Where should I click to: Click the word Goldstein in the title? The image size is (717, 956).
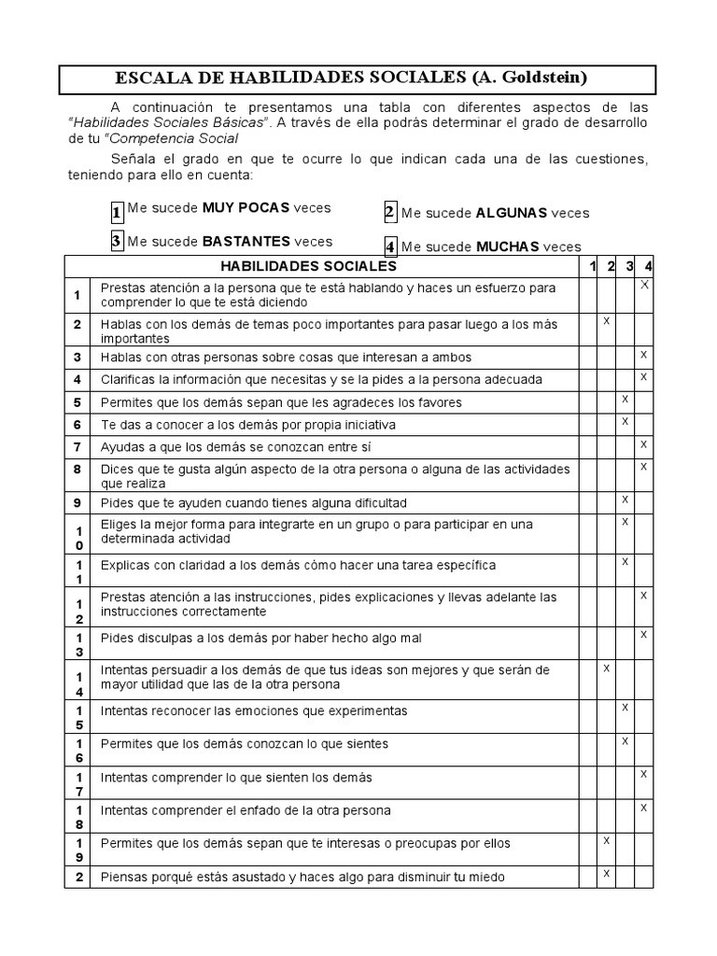[x=530, y=77]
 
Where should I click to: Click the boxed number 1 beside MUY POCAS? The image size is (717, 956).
[x=117, y=212]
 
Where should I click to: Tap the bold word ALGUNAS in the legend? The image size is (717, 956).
[x=512, y=213]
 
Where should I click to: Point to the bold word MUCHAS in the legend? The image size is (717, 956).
[x=508, y=247]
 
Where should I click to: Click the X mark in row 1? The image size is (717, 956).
[x=644, y=284]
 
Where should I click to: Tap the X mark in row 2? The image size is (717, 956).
[x=606, y=320]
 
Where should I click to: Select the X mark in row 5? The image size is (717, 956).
[x=626, y=400]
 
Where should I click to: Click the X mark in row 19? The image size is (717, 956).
[x=606, y=840]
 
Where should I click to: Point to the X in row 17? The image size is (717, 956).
[x=644, y=774]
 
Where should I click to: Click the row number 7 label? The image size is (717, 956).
[x=78, y=446]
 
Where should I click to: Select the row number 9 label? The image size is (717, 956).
[x=78, y=503]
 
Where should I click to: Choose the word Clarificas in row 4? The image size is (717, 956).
[x=129, y=380]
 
